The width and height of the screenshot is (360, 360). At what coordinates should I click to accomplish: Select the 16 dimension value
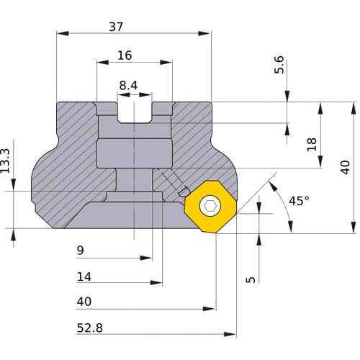124,55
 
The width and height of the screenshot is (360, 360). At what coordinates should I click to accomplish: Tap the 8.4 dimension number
128,86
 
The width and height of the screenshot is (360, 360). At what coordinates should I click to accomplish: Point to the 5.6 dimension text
279,66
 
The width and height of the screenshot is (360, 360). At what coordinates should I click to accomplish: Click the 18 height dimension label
311,143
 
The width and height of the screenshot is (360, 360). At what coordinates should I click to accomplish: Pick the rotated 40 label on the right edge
345,167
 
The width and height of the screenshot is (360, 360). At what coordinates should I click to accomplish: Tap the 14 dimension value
85,276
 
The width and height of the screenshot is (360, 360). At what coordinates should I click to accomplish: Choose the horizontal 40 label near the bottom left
85,301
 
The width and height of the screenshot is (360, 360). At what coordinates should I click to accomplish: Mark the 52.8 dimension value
89,328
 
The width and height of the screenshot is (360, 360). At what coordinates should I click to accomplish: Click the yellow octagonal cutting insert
210,207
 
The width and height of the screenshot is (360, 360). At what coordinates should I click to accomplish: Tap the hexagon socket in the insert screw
210,207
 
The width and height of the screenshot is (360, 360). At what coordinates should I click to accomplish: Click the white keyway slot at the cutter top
135,112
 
